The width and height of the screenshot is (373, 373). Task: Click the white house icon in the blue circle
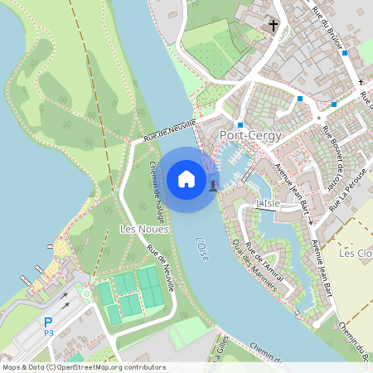tap(186, 179)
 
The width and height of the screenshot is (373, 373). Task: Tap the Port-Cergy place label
tap(250, 135)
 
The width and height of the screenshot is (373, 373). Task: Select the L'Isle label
tap(269, 203)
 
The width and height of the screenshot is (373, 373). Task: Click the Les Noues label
tap(144, 229)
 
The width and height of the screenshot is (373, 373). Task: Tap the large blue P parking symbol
tap(48, 322)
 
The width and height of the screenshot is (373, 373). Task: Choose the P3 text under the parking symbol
tap(48, 332)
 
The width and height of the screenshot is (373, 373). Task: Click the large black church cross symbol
tap(274, 26)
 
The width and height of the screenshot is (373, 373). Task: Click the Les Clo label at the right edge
tap(357, 253)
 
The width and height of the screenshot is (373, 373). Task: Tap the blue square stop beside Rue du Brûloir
tap(345, 53)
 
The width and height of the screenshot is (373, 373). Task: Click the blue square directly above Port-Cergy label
tap(240, 124)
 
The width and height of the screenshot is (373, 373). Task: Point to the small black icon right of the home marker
tap(214, 184)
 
